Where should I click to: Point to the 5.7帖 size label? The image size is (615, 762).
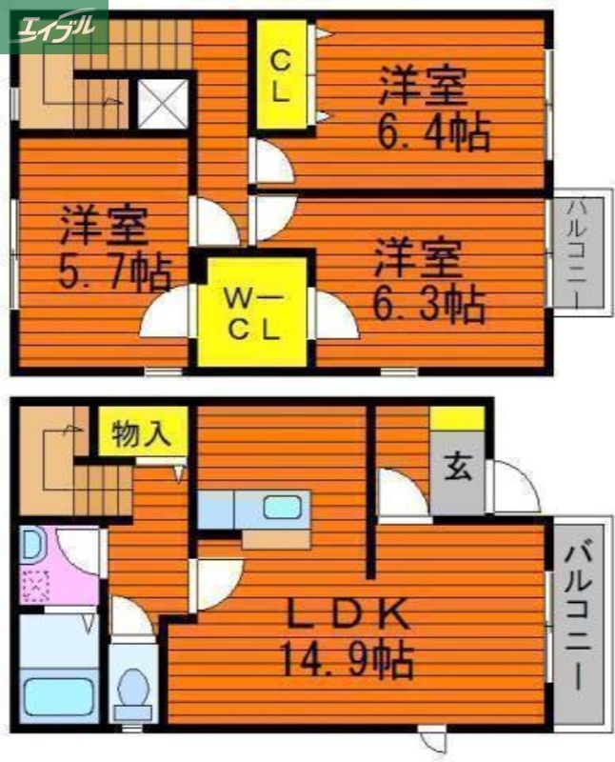(x=115, y=271)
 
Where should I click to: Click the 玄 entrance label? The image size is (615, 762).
(x=458, y=469)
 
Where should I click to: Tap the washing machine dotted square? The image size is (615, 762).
(x=39, y=584)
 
